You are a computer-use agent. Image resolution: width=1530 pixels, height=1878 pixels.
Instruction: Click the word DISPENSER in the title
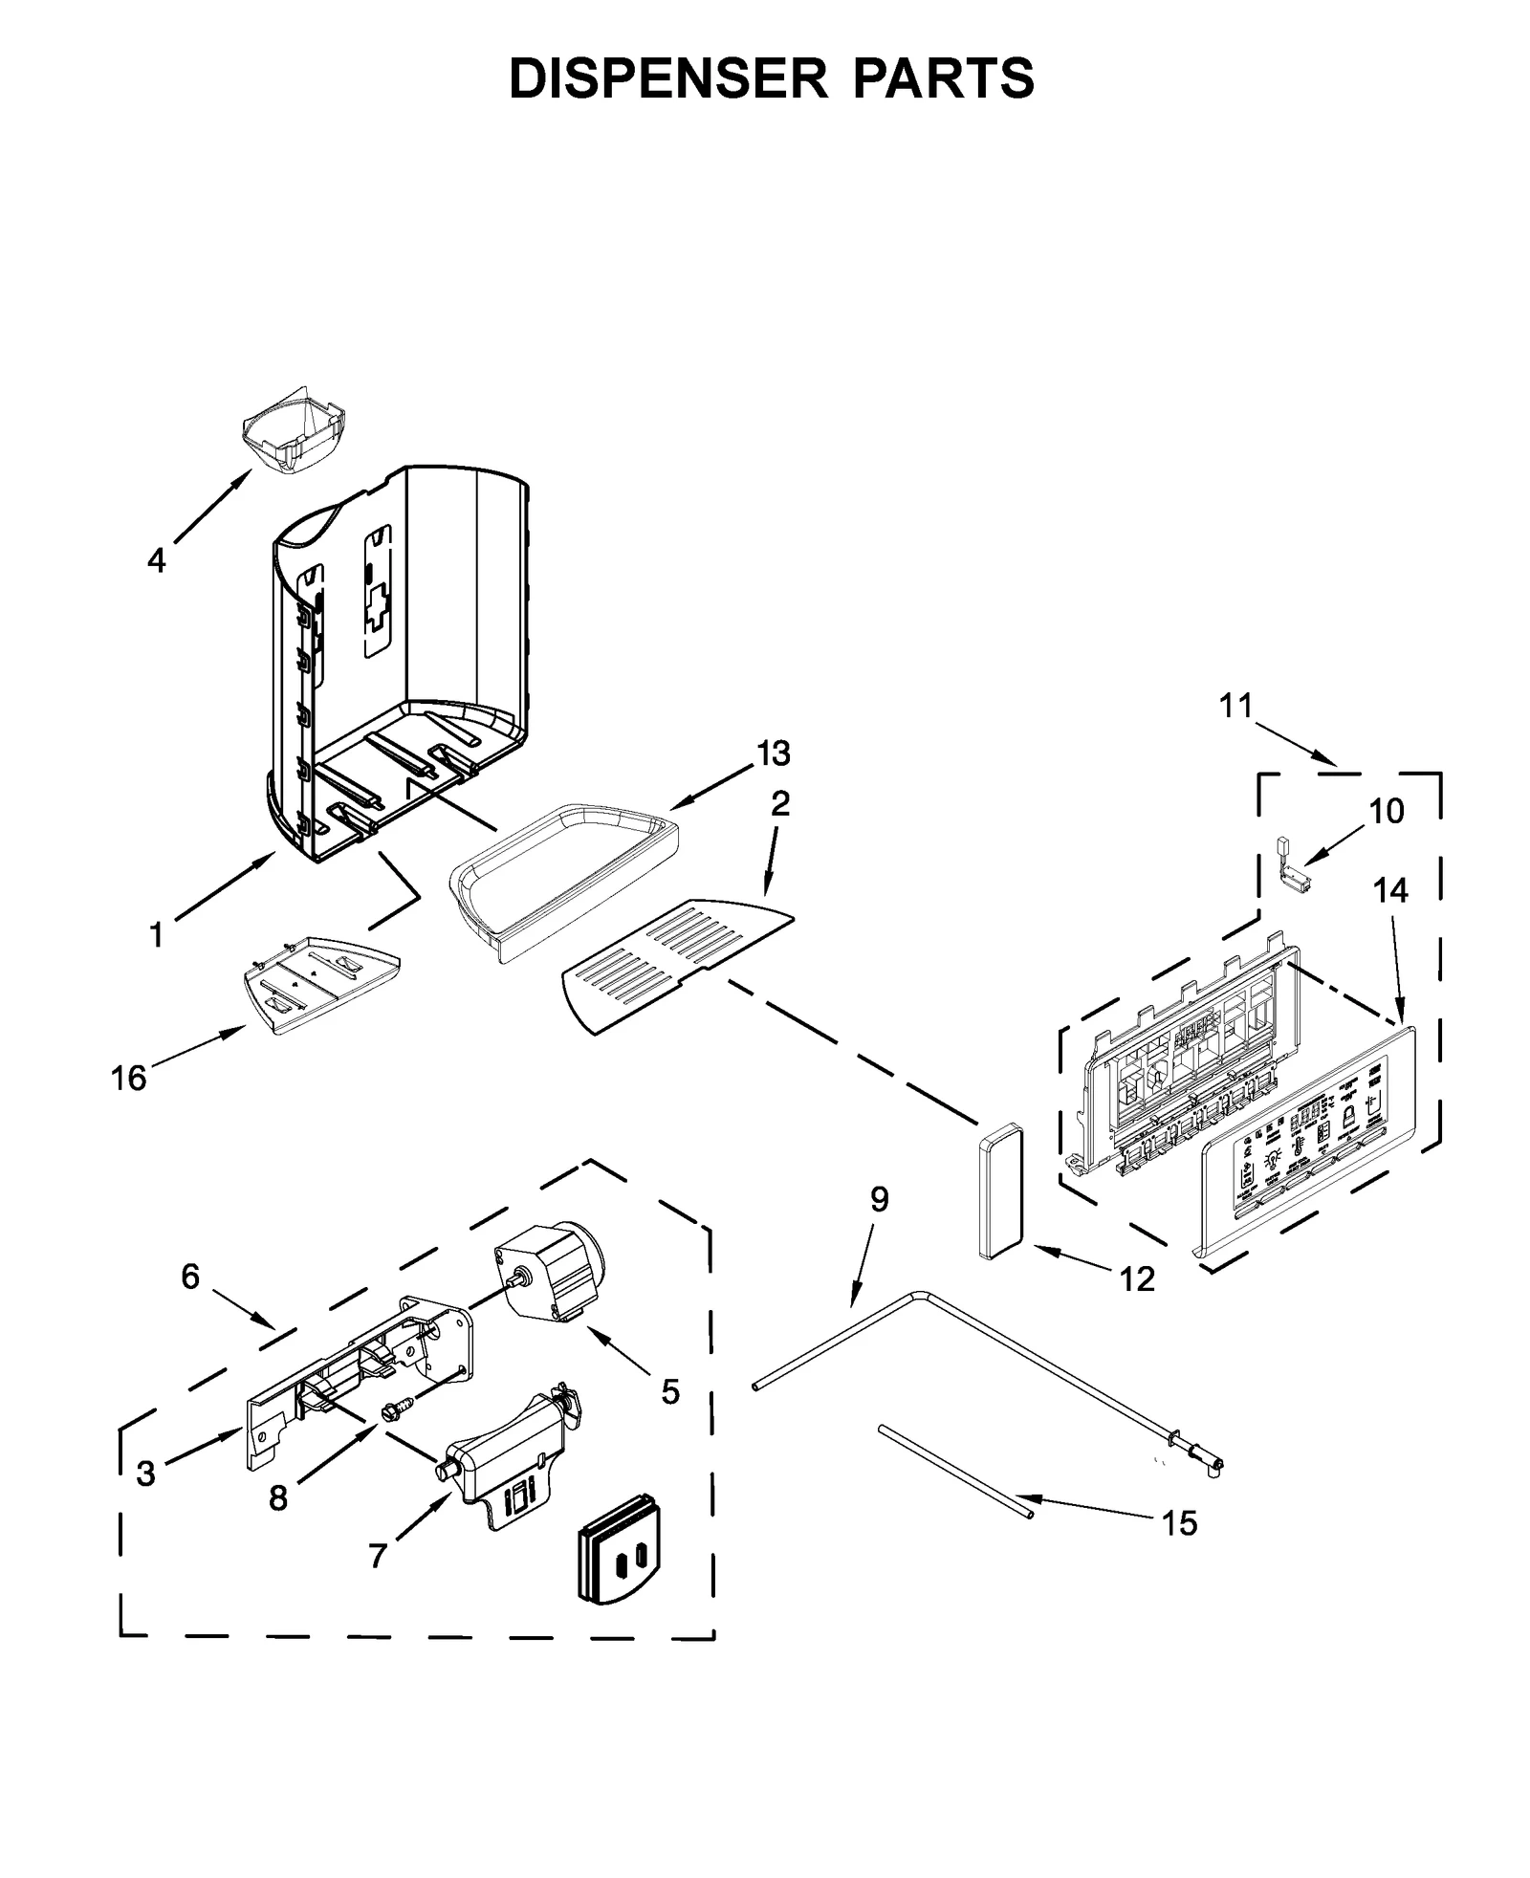667,78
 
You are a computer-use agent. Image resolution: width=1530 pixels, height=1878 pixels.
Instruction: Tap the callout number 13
773,753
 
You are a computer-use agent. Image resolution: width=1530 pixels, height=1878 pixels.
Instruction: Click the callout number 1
156,935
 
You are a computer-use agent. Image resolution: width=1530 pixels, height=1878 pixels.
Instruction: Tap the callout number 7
378,1556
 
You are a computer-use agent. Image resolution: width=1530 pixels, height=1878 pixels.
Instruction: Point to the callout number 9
879,1199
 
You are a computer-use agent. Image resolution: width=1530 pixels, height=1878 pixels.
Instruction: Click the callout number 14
1390,890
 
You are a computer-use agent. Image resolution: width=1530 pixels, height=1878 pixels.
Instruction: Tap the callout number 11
1235,706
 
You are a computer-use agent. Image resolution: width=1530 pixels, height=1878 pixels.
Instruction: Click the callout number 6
190,1276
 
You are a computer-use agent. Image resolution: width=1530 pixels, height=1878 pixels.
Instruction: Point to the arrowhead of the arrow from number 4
251,471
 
